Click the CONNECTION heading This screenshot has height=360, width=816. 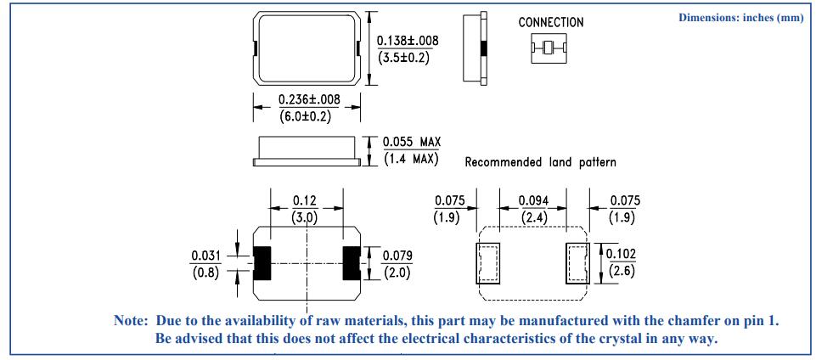pos(551,22)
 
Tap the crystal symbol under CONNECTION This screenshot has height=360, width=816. pos(548,48)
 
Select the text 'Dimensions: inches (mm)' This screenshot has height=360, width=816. pos(741,18)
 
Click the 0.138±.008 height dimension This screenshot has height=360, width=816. pos(408,41)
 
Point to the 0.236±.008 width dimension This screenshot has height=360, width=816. pos(309,98)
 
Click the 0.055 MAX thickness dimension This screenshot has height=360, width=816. pos(411,142)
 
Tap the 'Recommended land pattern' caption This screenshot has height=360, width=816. pos(540,162)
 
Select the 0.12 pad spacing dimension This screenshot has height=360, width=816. pos(306,200)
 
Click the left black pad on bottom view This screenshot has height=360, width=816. pos(262,264)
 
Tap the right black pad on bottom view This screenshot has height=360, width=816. pos(352,264)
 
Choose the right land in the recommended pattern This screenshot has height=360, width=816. pos(577,263)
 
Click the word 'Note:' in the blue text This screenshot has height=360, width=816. pos(131,320)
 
